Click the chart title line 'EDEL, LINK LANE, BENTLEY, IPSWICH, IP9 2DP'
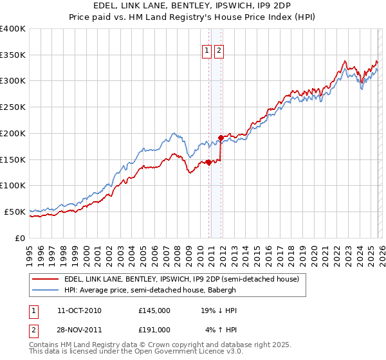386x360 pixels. (192, 5)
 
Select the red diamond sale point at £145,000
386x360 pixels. (208, 162)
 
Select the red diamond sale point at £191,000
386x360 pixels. (221, 138)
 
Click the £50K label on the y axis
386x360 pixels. (15, 212)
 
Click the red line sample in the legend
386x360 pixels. (45, 280)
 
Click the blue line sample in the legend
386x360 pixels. (45, 291)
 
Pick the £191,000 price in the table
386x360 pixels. (154, 329)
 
